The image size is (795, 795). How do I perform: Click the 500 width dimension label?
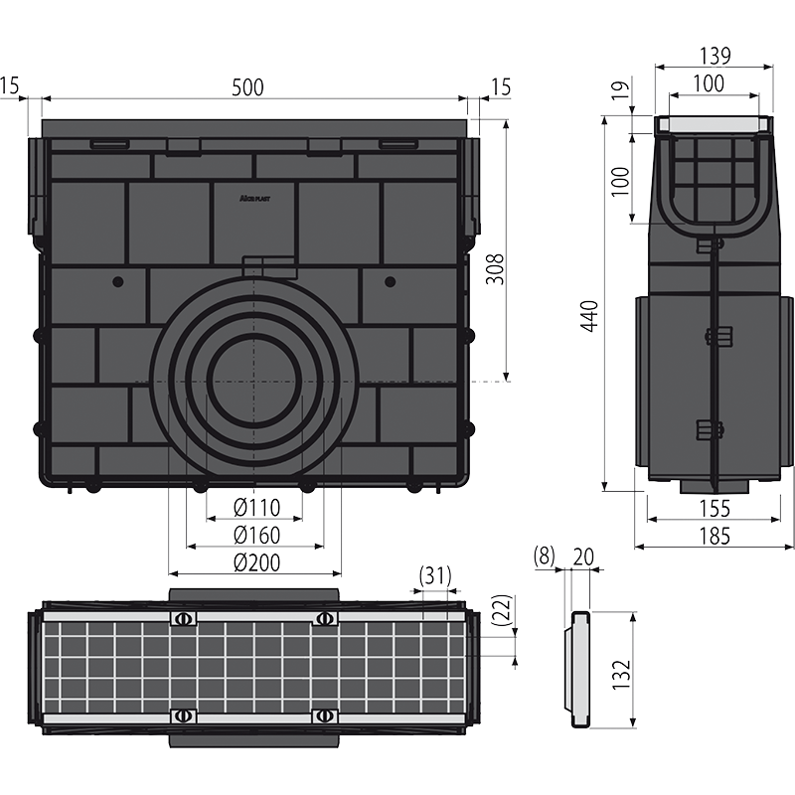click(x=247, y=87)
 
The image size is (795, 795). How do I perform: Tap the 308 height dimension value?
click(x=495, y=269)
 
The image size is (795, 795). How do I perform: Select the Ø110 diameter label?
click(x=256, y=507)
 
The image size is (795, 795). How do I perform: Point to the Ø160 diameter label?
click(x=256, y=535)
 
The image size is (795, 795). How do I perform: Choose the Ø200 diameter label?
click(x=256, y=562)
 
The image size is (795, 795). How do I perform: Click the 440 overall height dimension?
click(x=589, y=316)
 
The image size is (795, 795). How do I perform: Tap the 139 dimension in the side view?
click(x=715, y=56)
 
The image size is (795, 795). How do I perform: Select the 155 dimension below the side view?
click(x=715, y=509)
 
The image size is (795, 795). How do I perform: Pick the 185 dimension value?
click(x=715, y=536)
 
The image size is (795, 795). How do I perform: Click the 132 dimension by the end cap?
click(x=621, y=674)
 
